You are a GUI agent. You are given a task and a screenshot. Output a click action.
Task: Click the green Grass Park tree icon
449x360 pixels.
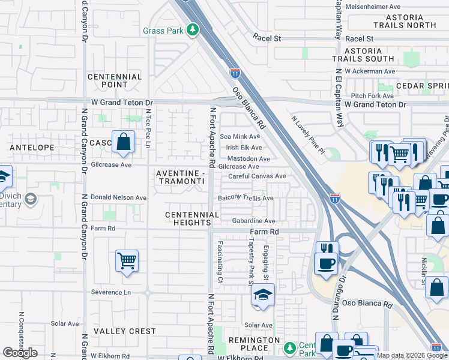coord(192,29)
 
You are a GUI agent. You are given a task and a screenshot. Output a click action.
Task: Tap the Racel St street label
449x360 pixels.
coord(267,38)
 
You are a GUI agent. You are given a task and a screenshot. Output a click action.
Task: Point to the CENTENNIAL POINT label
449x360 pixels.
coord(115,81)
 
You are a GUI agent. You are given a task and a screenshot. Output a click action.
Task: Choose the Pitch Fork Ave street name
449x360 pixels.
coord(372,95)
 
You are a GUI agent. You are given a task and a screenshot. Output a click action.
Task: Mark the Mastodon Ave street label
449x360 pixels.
coord(248,159)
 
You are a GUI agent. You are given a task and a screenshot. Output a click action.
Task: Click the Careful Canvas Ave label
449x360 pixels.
coord(257,176)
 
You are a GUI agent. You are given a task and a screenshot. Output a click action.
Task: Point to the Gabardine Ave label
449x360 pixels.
coord(253,221)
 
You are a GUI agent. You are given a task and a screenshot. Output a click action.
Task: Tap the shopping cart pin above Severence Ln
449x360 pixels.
coord(127,261)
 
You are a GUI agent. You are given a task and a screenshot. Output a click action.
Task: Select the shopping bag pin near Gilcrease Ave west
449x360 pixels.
coord(123,143)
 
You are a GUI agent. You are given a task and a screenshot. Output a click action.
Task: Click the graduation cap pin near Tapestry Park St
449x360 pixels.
coord(263,295)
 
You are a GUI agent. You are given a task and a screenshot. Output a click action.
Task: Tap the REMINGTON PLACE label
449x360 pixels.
coord(255,344)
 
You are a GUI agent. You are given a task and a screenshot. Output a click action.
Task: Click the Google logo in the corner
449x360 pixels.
coord(20,353)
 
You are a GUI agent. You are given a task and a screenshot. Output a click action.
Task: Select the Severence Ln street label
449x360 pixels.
coord(110,292)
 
